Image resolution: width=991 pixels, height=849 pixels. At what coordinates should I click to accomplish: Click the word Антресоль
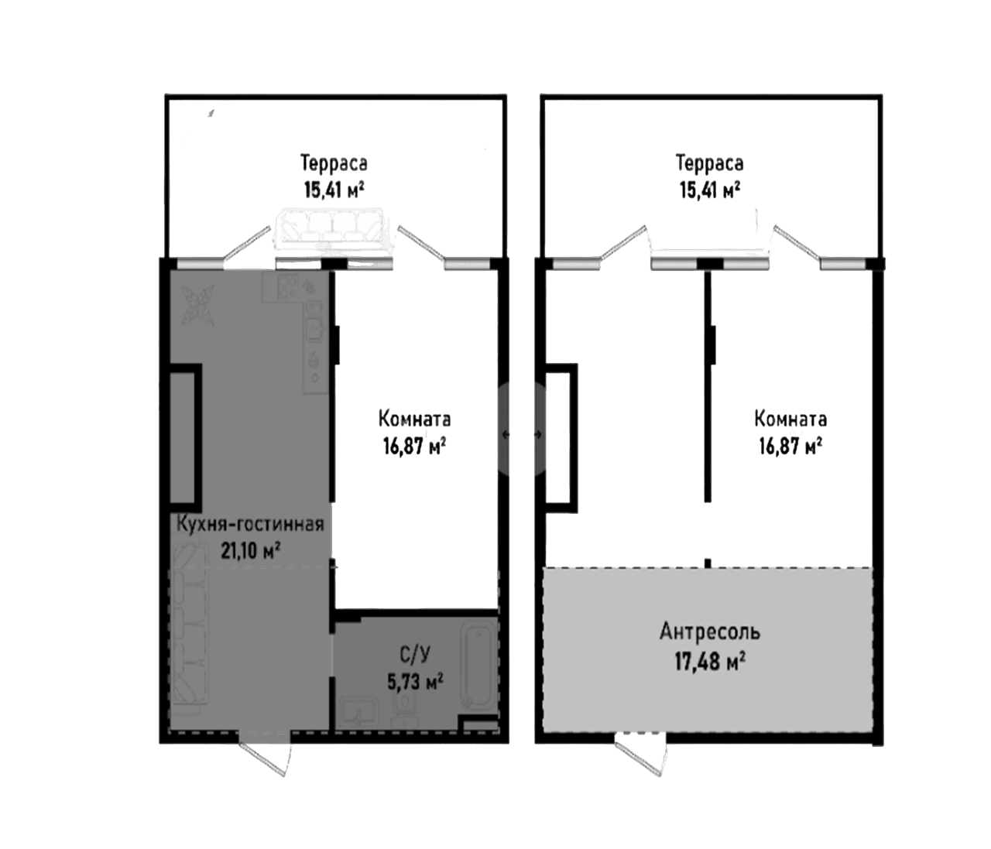[x=710, y=632]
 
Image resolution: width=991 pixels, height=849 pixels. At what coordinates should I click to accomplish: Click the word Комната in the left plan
[x=414, y=419]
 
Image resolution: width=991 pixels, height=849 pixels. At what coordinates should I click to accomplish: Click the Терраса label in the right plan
[x=710, y=163]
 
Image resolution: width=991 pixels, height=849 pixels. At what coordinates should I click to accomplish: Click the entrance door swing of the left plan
[x=266, y=757]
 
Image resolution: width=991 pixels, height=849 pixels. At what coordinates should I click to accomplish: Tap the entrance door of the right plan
[x=641, y=756]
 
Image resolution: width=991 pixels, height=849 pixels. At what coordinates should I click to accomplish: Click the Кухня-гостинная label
[x=249, y=524]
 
